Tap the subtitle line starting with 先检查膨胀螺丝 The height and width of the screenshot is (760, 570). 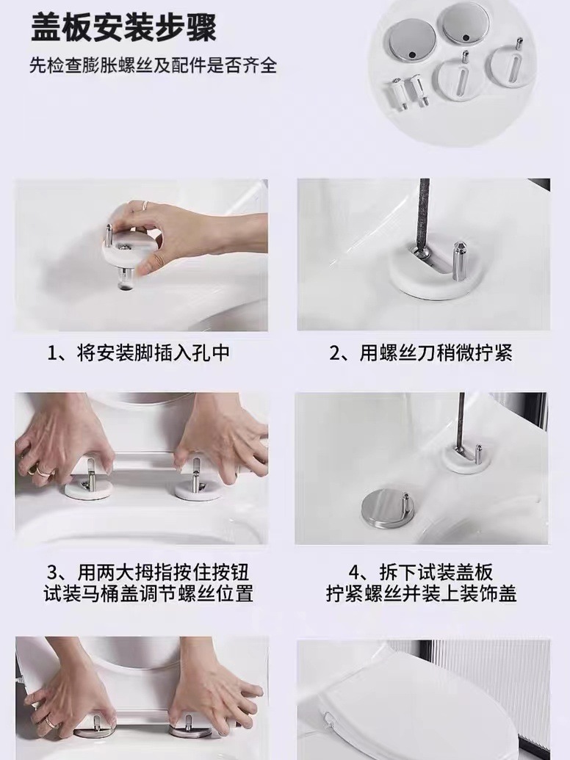153,65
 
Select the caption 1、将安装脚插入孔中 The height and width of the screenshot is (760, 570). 137,353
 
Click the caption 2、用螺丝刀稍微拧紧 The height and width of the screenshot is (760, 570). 421,353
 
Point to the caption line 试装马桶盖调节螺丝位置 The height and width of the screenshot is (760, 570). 148,593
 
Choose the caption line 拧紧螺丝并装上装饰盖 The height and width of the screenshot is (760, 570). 421,593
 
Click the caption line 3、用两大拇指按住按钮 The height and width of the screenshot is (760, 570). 148,572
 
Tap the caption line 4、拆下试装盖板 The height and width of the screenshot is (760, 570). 421,572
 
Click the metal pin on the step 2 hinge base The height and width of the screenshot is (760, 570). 459,258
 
